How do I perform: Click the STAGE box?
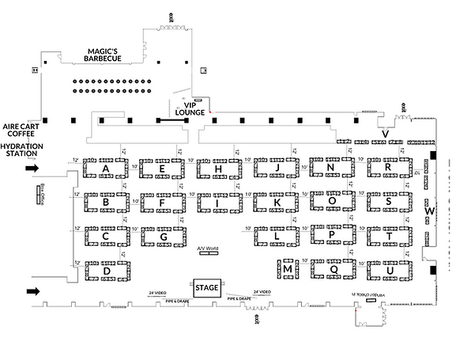[206, 287]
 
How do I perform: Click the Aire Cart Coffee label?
[22, 131]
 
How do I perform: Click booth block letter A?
[105, 169]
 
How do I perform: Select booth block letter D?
[106, 271]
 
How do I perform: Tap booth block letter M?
[288, 270]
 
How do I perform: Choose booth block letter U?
[390, 271]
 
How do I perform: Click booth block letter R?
[388, 168]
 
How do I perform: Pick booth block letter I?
[218, 203]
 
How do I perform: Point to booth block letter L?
[276, 236]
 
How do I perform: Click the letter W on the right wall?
[430, 211]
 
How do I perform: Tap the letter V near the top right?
[384, 135]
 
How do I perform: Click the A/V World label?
[207, 248]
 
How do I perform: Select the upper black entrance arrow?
[32, 169]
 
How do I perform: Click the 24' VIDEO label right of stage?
[262, 292]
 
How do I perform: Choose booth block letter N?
[330, 168]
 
